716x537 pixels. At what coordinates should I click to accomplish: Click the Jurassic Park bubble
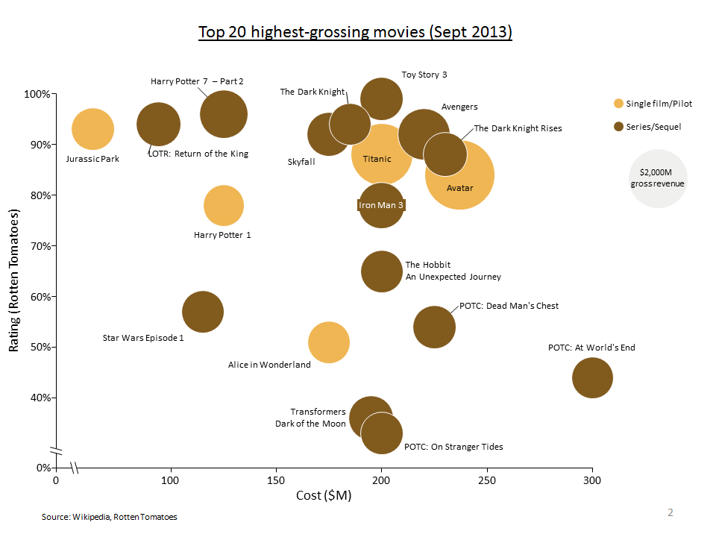tap(92, 129)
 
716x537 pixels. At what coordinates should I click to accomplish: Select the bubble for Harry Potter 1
tap(223, 206)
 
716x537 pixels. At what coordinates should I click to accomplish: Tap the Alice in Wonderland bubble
tap(329, 342)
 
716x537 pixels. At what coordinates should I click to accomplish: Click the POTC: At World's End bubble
tap(592, 377)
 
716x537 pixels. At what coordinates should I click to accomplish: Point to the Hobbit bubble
tap(382, 271)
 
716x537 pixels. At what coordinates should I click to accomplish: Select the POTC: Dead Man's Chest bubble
tap(434, 327)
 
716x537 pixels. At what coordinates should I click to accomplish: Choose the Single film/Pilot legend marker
tap(618, 103)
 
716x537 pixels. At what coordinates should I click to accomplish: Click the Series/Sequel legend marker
tap(618, 127)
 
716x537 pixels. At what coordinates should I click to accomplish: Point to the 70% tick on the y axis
tap(53, 246)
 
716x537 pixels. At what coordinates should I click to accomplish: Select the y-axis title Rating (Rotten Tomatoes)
tap(13, 280)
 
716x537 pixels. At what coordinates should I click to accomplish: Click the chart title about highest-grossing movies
tap(355, 33)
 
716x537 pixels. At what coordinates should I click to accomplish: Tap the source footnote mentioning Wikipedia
tap(110, 516)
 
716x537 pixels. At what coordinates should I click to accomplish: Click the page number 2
tap(670, 512)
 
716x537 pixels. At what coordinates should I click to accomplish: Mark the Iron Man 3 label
tap(381, 204)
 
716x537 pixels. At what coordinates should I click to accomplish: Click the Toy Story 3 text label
tap(424, 75)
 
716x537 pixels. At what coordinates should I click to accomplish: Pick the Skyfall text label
tap(301, 162)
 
